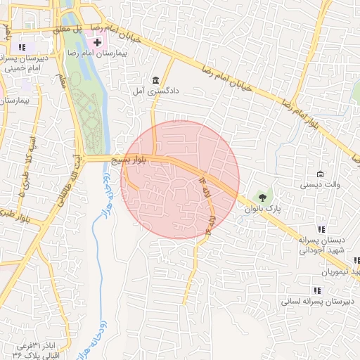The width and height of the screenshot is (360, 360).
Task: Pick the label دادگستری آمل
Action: pyautogui.click(x=155, y=91)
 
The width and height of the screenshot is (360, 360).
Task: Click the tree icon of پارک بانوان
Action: pyautogui.click(x=262, y=198)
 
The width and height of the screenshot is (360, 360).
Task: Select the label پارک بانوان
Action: pyautogui.click(x=263, y=209)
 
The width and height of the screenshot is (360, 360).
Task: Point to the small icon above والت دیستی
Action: pyautogui.click(x=321, y=174)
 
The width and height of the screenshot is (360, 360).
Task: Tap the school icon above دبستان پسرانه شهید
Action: pyautogui.click(x=322, y=229)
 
